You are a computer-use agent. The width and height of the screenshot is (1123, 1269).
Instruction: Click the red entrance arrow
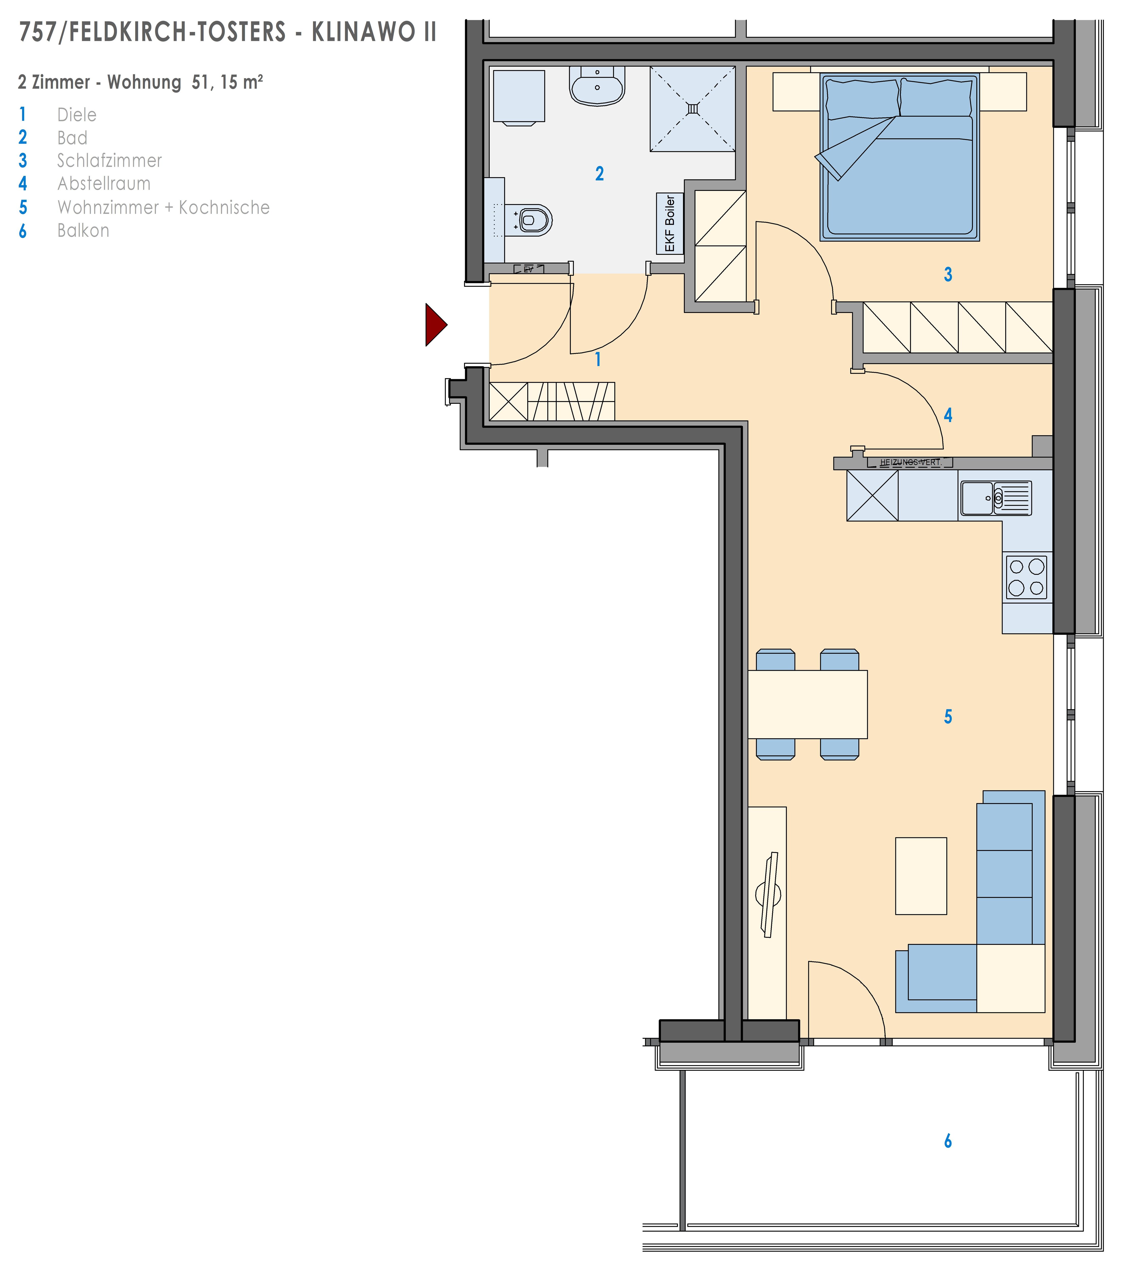(435, 325)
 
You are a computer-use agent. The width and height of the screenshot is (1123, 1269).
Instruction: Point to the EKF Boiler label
(670, 224)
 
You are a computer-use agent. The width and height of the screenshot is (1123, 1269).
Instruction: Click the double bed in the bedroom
(900, 157)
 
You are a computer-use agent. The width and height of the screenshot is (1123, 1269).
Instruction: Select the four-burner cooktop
(1027, 577)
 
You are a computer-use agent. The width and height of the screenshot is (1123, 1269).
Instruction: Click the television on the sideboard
(770, 895)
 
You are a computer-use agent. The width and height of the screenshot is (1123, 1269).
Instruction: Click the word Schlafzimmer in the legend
(109, 161)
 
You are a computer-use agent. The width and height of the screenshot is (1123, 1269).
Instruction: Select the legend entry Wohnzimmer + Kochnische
(163, 207)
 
